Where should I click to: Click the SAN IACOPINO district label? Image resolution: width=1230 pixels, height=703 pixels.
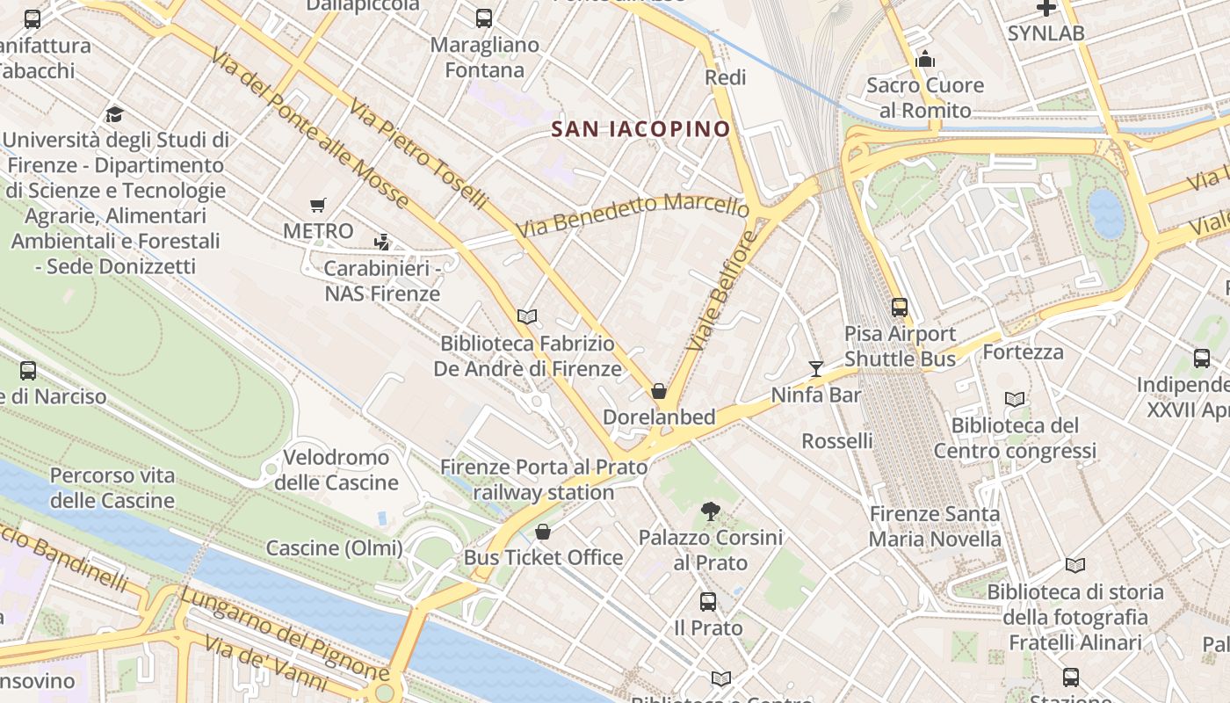pos(640,129)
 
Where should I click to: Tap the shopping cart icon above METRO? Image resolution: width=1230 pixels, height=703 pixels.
pos(318,206)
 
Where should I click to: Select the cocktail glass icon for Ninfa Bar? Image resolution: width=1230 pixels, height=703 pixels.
pos(816,368)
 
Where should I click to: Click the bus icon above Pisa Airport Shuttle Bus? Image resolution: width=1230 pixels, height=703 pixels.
pos(900,307)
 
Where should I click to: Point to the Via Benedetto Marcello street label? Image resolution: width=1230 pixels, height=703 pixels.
pos(633,215)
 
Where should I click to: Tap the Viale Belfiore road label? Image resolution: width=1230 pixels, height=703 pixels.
pos(722,291)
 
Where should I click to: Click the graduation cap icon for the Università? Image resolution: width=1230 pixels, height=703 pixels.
pos(115,114)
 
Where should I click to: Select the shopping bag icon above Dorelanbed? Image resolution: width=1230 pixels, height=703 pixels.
pos(659,391)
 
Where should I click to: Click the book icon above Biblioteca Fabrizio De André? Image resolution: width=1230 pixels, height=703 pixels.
pos(527,316)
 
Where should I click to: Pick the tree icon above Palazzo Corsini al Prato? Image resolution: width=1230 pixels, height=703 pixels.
pos(710,511)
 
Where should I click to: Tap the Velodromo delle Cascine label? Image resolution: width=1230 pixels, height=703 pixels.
pos(336,470)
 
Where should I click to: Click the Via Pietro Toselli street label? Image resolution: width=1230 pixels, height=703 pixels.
pos(418,154)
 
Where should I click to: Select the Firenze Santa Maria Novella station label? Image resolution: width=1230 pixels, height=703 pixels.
pos(935,526)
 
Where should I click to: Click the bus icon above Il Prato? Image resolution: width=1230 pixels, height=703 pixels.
pos(708,602)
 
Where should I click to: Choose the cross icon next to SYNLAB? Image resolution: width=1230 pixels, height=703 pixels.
pos(1045,8)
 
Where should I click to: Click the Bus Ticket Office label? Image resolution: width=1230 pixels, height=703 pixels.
pos(543,557)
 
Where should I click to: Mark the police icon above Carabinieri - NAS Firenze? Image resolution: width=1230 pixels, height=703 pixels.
pos(381,242)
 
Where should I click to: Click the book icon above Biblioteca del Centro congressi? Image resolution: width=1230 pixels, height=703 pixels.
pos(1015,399)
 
